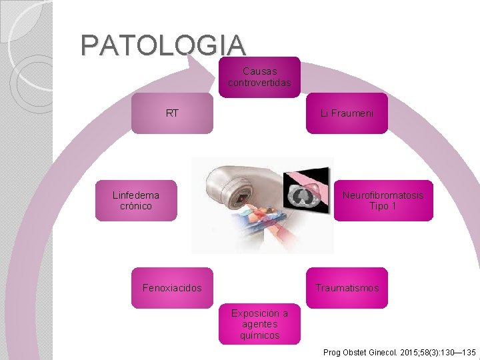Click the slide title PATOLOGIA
pyautogui.click(x=163, y=45)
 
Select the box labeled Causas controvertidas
pyautogui.click(x=259, y=77)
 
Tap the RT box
pyautogui.click(x=172, y=113)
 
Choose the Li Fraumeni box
pyautogui.click(x=347, y=113)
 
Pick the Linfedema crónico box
pyautogui.click(x=136, y=201)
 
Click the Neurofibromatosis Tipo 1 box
pyautogui.click(x=383, y=201)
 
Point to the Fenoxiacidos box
pyautogui.click(x=172, y=288)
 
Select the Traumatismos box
pyautogui.click(x=347, y=288)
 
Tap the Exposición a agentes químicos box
pyautogui.click(x=259, y=324)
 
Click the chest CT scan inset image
pyautogui.click(x=309, y=193)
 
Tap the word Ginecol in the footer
pyautogui.click(x=383, y=351)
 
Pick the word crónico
pyautogui.click(x=136, y=207)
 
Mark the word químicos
pyautogui.click(x=259, y=335)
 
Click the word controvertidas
pyautogui.click(x=259, y=83)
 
